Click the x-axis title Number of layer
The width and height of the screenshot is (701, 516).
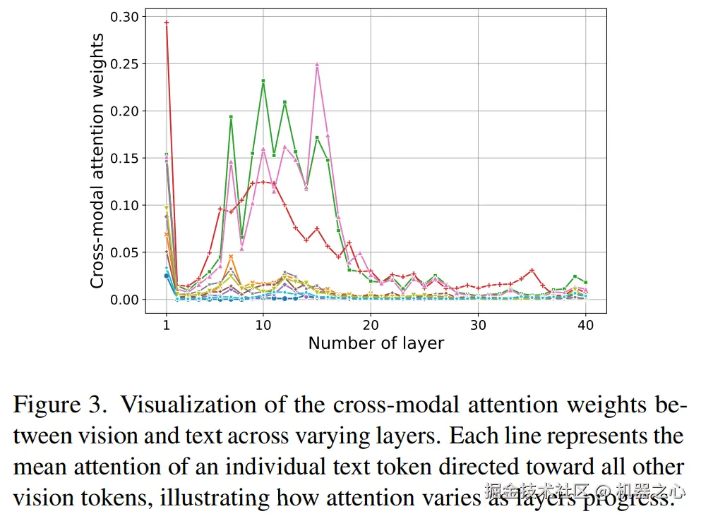[x=376, y=344]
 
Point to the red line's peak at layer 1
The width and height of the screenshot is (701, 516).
[x=167, y=23]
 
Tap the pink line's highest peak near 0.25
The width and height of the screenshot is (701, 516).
[x=317, y=64]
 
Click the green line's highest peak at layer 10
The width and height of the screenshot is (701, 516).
[x=263, y=81]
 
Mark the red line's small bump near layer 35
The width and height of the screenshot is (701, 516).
[x=532, y=270]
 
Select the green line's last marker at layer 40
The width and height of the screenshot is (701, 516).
[x=586, y=283]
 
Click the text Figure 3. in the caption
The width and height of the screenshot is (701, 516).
[x=58, y=405]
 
